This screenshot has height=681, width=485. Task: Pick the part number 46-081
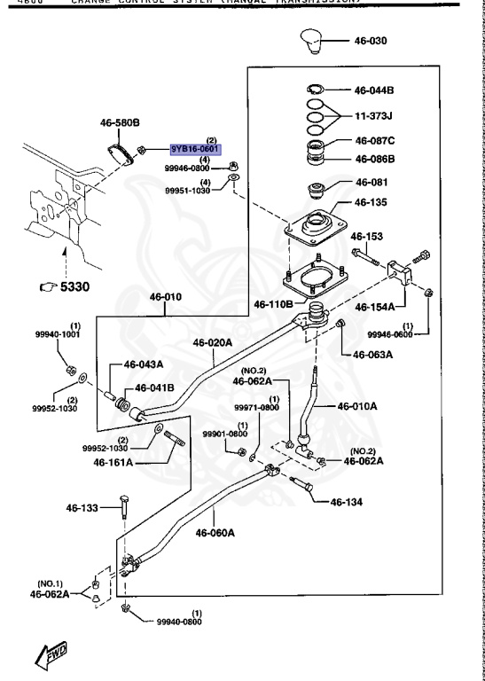tap(372, 183)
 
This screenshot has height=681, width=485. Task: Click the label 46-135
tap(372, 202)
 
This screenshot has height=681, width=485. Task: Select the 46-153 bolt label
tap(366, 237)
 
